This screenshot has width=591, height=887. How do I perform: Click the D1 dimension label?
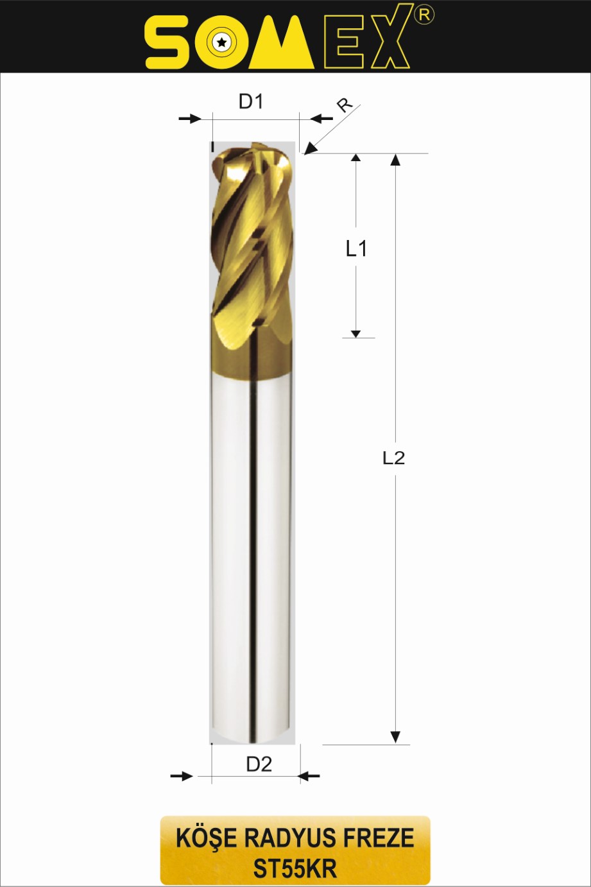251,102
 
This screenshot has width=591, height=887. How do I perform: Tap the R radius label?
345,105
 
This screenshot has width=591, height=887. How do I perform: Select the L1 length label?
356,249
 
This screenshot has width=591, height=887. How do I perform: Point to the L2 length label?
394,458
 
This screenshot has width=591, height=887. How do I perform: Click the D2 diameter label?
259,764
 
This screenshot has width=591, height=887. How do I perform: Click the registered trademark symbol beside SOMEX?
424,15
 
